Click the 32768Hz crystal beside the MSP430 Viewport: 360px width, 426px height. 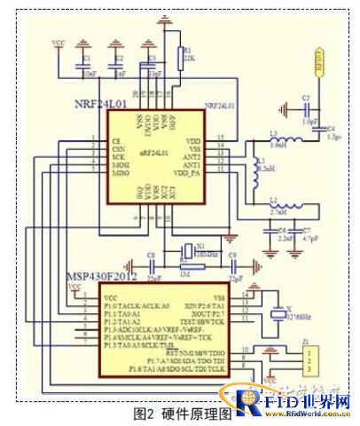point(280,312)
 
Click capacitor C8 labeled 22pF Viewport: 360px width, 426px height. point(153,262)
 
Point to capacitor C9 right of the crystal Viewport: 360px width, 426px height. point(232,262)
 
